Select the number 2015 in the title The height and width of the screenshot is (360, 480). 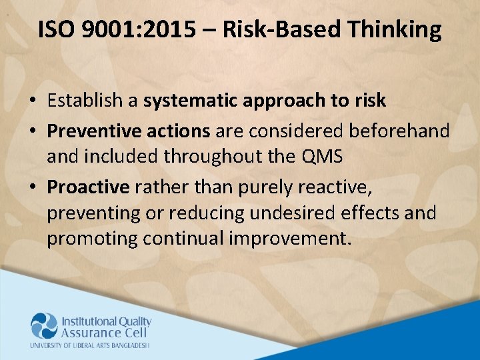(174, 30)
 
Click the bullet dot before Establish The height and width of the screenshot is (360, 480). (33, 101)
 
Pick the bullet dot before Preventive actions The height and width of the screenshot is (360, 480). (33, 131)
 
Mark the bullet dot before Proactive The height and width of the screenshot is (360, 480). (33, 188)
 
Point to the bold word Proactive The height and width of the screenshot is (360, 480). (88, 187)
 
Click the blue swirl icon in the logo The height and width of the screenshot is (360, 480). (44, 326)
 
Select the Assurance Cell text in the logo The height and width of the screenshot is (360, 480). (101, 333)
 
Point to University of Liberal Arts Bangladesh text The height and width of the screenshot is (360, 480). (90, 345)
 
